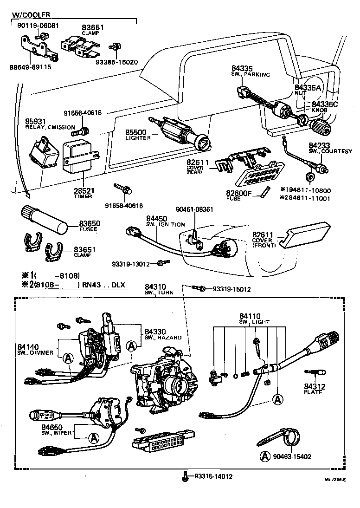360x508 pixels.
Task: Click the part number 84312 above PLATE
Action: coord(315,386)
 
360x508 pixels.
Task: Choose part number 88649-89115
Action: coord(30,67)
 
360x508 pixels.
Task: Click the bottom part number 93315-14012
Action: coord(213,476)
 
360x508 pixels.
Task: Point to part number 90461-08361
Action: coord(194,209)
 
